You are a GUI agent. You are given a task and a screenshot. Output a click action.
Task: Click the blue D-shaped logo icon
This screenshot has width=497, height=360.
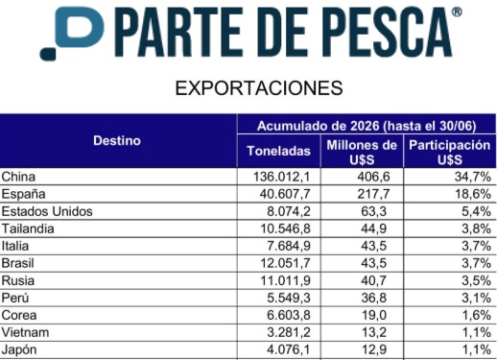click(x=72, y=32)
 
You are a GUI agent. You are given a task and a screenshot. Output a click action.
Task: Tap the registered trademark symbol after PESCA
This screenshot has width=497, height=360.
click(x=457, y=12)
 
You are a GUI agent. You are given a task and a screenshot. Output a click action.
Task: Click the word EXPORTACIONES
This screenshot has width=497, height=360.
click(x=259, y=88)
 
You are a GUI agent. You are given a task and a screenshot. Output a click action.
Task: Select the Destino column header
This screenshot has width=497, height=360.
click(x=117, y=141)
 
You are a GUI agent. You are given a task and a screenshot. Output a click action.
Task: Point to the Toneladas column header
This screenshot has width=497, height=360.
click(x=279, y=151)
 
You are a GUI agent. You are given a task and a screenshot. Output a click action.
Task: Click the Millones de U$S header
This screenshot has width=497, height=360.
click(x=362, y=153)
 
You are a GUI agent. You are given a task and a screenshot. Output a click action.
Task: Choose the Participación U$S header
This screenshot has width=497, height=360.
click(x=450, y=153)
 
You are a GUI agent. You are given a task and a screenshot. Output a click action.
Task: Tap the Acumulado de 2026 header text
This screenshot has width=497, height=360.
click(x=367, y=126)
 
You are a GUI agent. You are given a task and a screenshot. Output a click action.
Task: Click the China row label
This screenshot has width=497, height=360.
click(x=18, y=177)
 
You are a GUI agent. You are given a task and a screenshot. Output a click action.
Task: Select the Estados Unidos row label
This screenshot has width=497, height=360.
click(x=47, y=211)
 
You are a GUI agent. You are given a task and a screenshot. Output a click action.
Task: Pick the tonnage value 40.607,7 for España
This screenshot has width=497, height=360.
click(x=285, y=194)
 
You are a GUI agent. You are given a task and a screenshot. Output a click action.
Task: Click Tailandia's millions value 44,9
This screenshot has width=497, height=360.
click(x=373, y=228)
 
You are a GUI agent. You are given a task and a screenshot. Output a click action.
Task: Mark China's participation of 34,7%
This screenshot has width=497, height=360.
click(x=473, y=177)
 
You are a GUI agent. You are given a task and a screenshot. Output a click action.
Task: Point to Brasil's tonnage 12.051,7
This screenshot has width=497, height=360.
click(x=285, y=263)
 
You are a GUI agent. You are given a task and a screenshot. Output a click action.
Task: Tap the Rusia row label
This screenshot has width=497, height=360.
click(x=18, y=280)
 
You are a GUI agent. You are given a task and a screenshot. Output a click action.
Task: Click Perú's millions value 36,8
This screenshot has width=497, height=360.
click(x=373, y=298)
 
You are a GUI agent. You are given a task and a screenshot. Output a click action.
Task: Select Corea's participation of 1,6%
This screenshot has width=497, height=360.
click(x=476, y=315)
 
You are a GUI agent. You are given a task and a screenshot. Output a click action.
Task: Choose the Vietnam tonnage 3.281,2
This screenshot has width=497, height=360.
click(x=289, y=332)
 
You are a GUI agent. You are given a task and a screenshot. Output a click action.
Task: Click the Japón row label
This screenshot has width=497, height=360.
click(x=19, y=349)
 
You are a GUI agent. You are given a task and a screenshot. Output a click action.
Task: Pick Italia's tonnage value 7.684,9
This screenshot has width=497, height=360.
click(x=289, y=246)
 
